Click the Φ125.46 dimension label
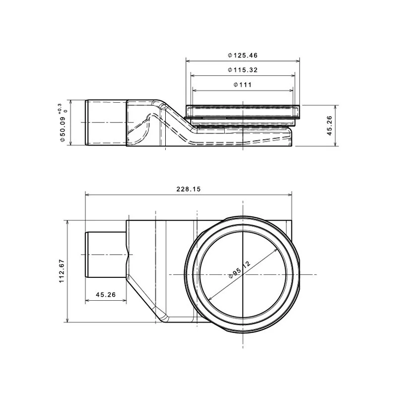point(243,55)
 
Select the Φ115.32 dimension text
point(243,69)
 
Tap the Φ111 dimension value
point(243,84)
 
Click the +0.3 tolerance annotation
point(60,108)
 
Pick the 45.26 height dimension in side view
point(330,126)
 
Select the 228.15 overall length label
point(189,189)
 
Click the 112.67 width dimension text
point(62,271)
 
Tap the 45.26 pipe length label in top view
point(106,294)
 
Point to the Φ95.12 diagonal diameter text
point(240,269)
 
